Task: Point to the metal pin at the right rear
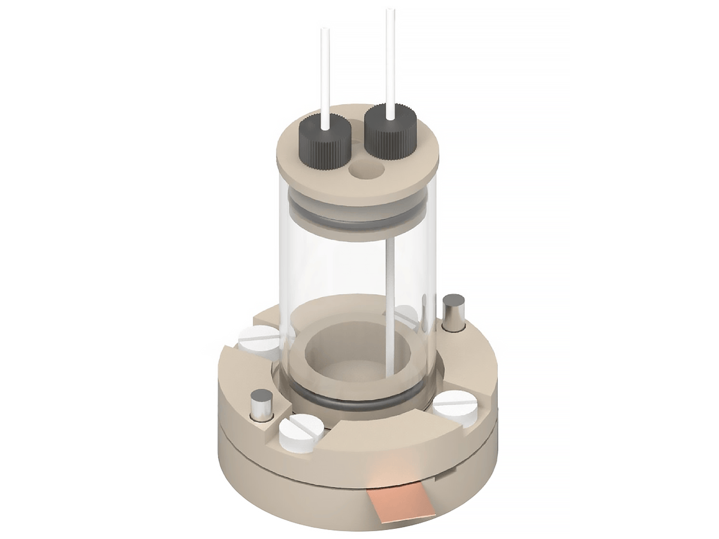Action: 454,311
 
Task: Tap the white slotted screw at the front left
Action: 298,431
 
